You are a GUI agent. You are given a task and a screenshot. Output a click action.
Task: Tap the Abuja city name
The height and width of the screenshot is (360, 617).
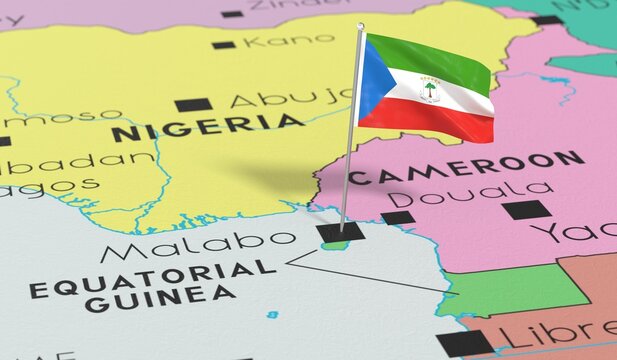coord(291,98)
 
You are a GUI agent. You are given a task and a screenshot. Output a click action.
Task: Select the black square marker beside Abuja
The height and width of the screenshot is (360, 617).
coord(193,104)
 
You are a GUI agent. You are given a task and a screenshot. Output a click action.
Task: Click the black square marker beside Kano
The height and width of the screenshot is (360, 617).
coord(223,44)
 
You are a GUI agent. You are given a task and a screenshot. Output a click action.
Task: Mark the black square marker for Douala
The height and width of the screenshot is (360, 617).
coord(396,217)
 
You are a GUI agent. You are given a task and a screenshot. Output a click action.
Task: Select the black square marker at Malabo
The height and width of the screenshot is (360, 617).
coord(339,233)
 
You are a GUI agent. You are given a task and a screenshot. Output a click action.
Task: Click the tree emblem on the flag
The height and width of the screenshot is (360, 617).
coord(429,90)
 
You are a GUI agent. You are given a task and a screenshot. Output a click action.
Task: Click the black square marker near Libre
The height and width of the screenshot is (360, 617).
coord(465,343)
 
